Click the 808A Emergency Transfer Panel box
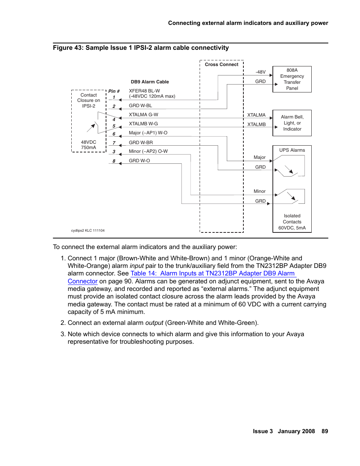click(292, 79)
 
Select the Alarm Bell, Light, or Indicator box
click(292, 123)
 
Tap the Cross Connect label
click(222, 65)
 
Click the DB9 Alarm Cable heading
click(150, 82)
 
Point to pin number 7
click(114, 143)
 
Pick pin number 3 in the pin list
click(114, 152)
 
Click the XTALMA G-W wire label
click(143, 115)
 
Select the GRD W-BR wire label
click(141, 143)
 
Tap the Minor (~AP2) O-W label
click(148, 151)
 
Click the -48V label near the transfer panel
click(260, 72)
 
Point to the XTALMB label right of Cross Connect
click(256, 125)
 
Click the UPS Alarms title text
click(292, 150)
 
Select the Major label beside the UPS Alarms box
click(260, 157)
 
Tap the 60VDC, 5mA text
click(292, 228)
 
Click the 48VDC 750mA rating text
click(89, 145)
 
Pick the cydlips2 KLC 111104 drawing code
click(88, 231)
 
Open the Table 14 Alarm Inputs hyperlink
click(212, 274)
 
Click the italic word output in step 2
click(154, 323)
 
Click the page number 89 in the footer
click(325, 431)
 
